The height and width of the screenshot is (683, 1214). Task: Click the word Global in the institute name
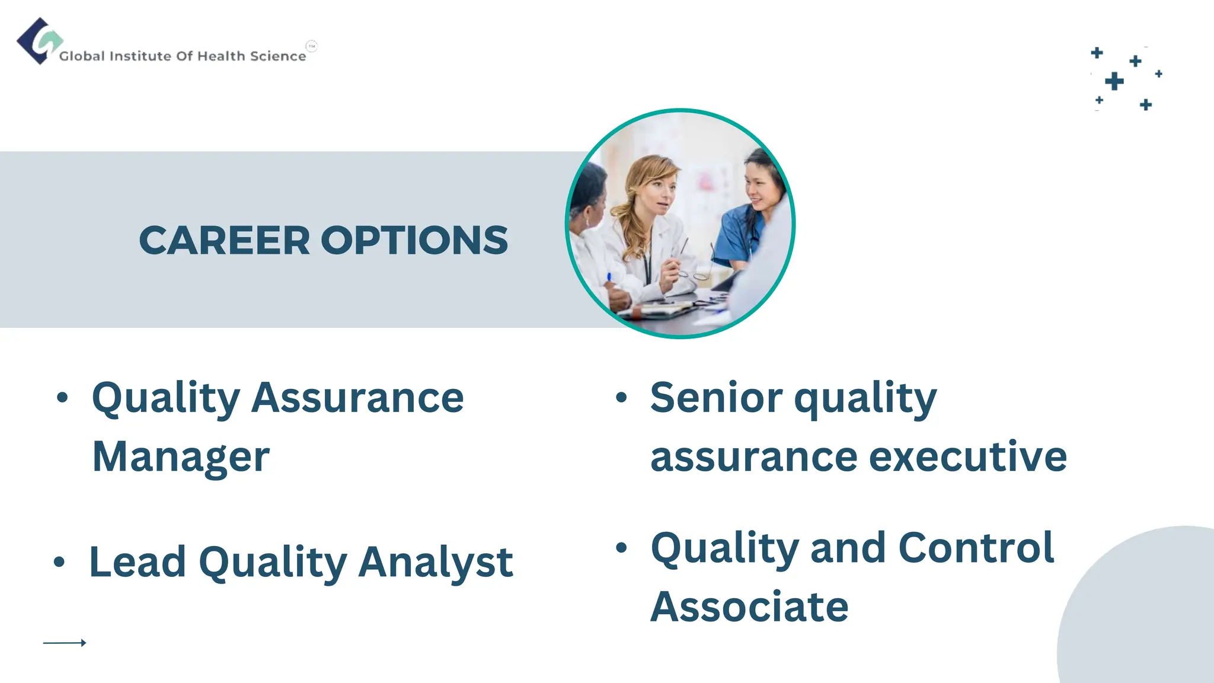pyautogui.click(x=82, y=56)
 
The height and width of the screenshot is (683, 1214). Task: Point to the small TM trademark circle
pyautogui.click(x=312, y=46)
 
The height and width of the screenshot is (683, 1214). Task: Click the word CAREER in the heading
pyautogui.click(x=224, y=241)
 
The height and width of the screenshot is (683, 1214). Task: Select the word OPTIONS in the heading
pyautogui.click(x=414, y=241)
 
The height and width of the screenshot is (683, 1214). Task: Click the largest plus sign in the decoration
pyautogui.click(x=1114, y=81)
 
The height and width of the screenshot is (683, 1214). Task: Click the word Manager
pyautogui.click(x=181, y=457)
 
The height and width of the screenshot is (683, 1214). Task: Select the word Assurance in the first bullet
pyautogui.click(x=357, y=398)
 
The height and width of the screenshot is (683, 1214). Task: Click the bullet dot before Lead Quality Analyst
pyautogui.click(x=59, y=561)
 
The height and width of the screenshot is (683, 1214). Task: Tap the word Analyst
pyautogui.click(x=436, y=562)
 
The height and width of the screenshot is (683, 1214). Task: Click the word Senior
pyautogui.click(x=716, y=398)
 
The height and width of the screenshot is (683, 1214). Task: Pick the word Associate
pyautogui.click(x=749, y=607)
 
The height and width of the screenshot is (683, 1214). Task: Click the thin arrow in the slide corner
pyautogui.click(x=65, y=643)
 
